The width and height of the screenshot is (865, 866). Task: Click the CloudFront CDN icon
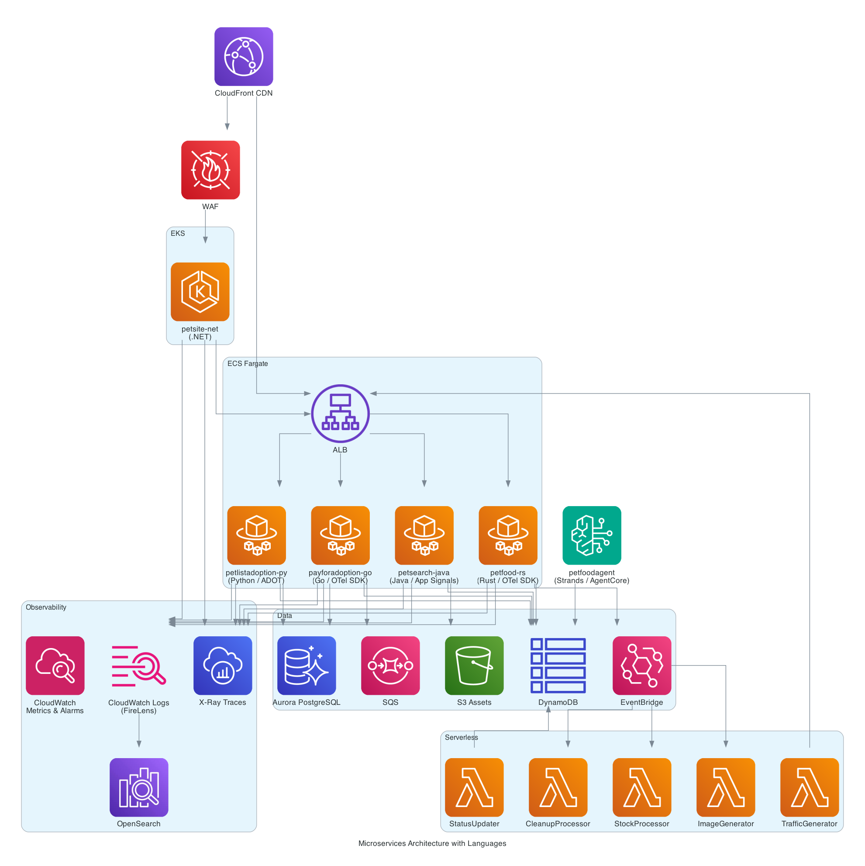(243, 56)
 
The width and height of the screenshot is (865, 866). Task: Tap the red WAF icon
(210, 170)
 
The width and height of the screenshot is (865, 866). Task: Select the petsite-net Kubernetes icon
(200, 291)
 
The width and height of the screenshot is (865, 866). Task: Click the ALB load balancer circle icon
(340, 413)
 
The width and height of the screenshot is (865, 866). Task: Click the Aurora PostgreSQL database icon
(307, 665)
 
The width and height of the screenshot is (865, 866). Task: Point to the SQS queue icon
(390, 665)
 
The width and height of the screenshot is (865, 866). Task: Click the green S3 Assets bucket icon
(474, 665)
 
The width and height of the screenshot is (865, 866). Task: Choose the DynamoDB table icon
(558, 665)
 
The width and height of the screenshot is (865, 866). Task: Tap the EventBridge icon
(642, 665)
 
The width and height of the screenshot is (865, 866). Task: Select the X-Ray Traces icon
(223, 665)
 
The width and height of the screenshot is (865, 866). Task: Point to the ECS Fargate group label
(248, 363)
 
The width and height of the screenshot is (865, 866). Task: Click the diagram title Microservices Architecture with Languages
(432, 843)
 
